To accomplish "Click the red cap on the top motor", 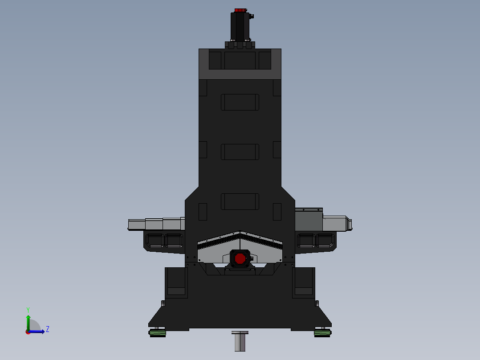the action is (240, 10).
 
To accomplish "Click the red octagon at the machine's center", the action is (240, 259).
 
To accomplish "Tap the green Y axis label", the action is (28, 310).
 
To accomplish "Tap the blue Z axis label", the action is (48, 329).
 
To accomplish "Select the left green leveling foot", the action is (157, 333).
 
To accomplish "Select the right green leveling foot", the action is (322, 333).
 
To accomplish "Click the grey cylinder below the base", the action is (240, 341).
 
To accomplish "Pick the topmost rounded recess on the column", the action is (240, 102).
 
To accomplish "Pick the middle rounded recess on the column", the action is (240, 152).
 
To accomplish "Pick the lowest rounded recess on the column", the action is (240, 201).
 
